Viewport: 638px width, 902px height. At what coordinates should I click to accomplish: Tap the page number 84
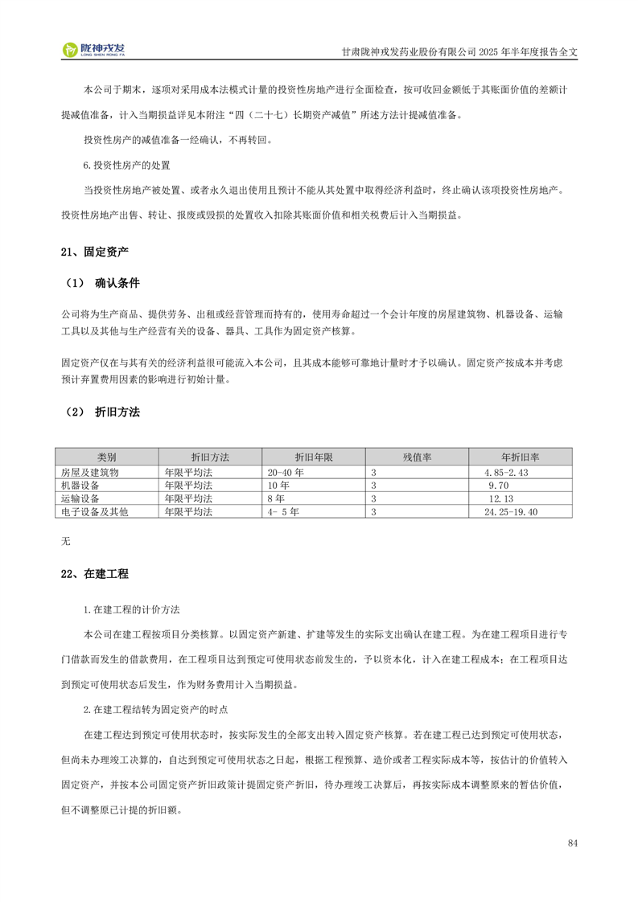tap(572, 843)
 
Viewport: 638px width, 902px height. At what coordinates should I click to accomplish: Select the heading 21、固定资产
tap(94, 252)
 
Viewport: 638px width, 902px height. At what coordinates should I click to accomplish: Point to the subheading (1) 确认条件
tap(102, 283)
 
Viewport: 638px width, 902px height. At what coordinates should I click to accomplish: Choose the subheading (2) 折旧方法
tap(102, 412)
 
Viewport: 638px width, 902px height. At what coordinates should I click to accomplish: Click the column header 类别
tap(106, 457)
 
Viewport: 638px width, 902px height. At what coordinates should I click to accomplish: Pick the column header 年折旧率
tap(521, 457)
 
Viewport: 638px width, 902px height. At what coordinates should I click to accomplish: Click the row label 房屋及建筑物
tap(90, 473)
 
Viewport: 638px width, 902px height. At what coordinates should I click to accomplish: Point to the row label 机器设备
tap(80, 486)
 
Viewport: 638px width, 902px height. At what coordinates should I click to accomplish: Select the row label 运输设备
tap(80, 498)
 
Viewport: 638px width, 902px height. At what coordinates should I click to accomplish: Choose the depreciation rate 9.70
tap(500, 486)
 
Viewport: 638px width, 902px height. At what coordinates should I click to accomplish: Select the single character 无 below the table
tap(66, 540)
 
